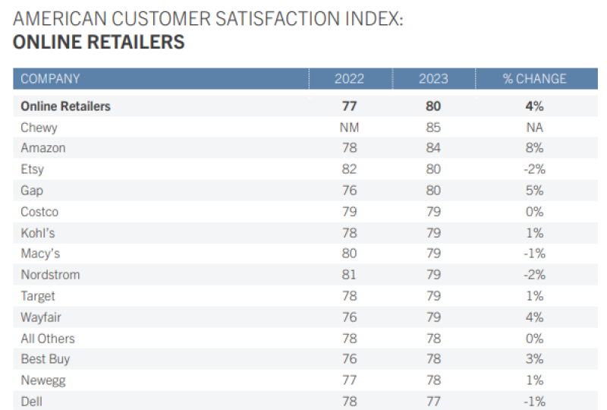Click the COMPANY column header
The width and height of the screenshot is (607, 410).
coord(50,79)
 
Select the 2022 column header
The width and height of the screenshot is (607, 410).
coord(349,79)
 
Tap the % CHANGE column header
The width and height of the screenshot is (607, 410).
coord(534,79)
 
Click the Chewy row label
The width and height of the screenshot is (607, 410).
coord(39,128)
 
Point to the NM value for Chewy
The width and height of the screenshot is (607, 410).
coord(349,128)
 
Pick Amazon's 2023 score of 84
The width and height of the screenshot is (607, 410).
coord(432,148)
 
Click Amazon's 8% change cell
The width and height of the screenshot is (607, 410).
coord(534,148)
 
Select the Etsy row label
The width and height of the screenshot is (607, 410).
coord(33,169)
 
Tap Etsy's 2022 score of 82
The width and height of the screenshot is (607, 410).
coord(349,169)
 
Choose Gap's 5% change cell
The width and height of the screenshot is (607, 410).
coord(534,191)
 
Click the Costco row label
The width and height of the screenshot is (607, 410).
coord(39,212)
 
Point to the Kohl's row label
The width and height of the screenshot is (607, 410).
coord(38,233)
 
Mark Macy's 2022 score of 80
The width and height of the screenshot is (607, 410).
coord(349,254)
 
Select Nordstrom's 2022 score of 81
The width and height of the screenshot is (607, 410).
coord(349,275)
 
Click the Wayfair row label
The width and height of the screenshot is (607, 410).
coord(41,317)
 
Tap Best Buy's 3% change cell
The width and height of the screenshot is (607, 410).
coord(534,360)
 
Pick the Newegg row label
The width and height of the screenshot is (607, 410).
coord(43,381)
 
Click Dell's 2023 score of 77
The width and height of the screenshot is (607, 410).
coord(432,402)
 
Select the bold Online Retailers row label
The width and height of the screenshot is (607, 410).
coord(65,106)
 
